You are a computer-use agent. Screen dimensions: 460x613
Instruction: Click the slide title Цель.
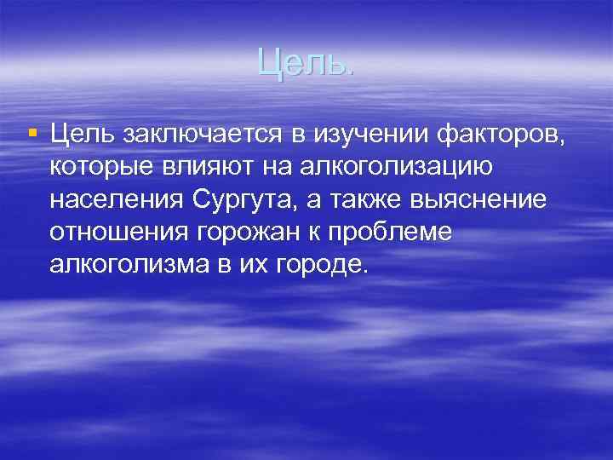[305, 60]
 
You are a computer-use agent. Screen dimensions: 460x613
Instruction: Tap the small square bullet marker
[32, 132]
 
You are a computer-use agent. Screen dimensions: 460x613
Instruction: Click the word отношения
[115, 231]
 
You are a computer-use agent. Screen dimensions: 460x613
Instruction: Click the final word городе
[321, 265]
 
